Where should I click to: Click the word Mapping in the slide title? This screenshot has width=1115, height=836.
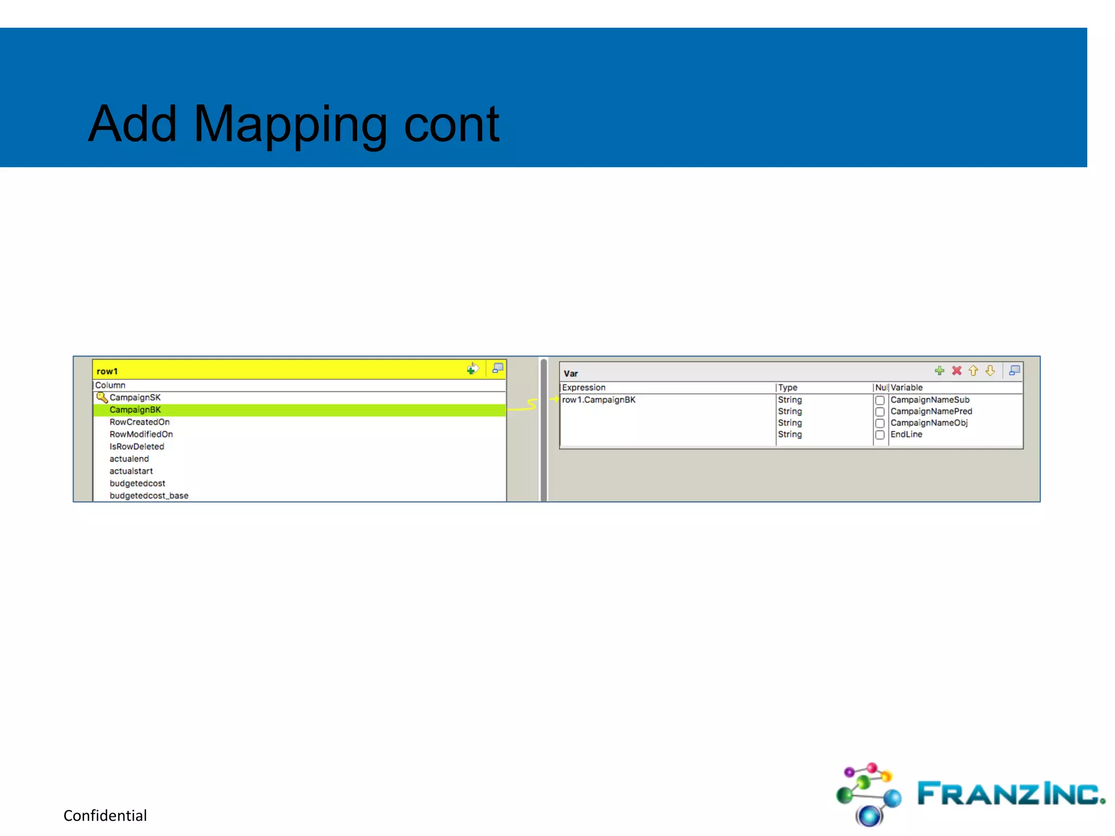point(290,125)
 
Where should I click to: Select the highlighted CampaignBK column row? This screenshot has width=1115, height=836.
point(136,410)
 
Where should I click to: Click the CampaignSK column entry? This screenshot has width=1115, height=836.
point(135,397)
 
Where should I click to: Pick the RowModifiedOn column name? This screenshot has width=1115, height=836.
point(141,434)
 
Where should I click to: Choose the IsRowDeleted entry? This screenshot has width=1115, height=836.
point(137,446)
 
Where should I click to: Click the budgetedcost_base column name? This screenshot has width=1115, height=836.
point(149,495)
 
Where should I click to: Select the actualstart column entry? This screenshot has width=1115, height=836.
point(131,471)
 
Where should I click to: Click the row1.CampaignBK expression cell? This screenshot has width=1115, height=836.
point(599,399)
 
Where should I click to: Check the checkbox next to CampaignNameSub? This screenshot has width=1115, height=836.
point(880,400)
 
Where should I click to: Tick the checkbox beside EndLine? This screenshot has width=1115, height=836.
point(880,435)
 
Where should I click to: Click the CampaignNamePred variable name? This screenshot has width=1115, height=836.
point(931,411)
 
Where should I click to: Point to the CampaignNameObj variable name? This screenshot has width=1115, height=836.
point(929,423)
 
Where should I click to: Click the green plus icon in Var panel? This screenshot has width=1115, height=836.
point(939,371)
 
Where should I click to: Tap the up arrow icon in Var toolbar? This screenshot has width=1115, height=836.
point(973,371)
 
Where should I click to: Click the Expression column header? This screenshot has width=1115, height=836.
point(584,388)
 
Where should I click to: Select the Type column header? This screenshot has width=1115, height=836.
point(788,388)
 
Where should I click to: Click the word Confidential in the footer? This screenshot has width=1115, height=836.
point(105,815)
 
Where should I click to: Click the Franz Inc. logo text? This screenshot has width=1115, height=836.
point(1010,794)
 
